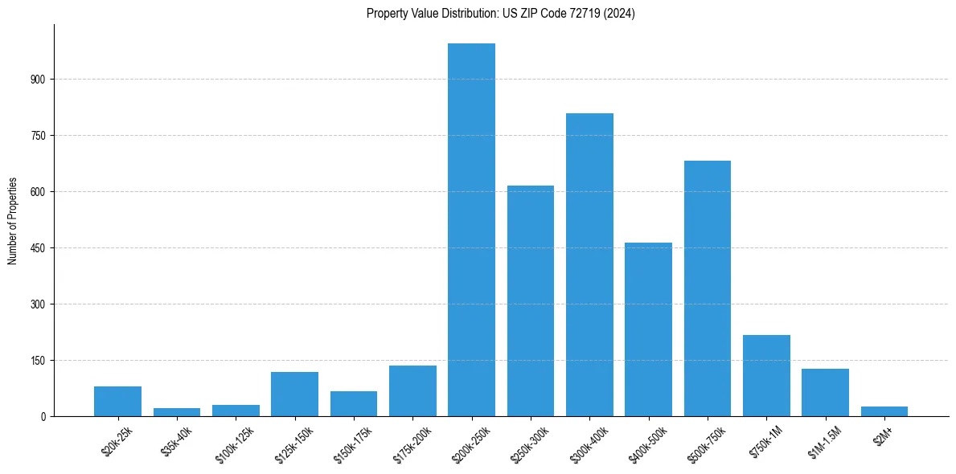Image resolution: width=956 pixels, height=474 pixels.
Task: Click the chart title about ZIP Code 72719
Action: (500, 14)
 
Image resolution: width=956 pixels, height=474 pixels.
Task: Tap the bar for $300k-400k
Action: (589, 265)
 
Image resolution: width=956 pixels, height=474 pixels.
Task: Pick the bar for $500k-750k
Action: (708, 288)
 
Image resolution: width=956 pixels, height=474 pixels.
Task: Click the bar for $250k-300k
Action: (531, 301)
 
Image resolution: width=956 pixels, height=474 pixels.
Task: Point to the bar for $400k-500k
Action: (648, 329)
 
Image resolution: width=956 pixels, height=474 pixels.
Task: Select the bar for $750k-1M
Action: (766, 376)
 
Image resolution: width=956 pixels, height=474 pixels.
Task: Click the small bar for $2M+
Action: (884, 411)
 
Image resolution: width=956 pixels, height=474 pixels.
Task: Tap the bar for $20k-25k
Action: (118, 402)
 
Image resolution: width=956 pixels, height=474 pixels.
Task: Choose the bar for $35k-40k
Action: (177, 412)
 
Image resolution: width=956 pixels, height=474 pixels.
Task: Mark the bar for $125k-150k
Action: (295, 394)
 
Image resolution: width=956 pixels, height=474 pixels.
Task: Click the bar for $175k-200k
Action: (412, 391)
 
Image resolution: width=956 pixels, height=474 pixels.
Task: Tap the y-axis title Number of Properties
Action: (13, 221)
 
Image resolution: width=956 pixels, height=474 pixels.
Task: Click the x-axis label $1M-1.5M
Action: (822, 440)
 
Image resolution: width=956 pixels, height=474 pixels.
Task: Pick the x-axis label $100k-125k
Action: (232, 442)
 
